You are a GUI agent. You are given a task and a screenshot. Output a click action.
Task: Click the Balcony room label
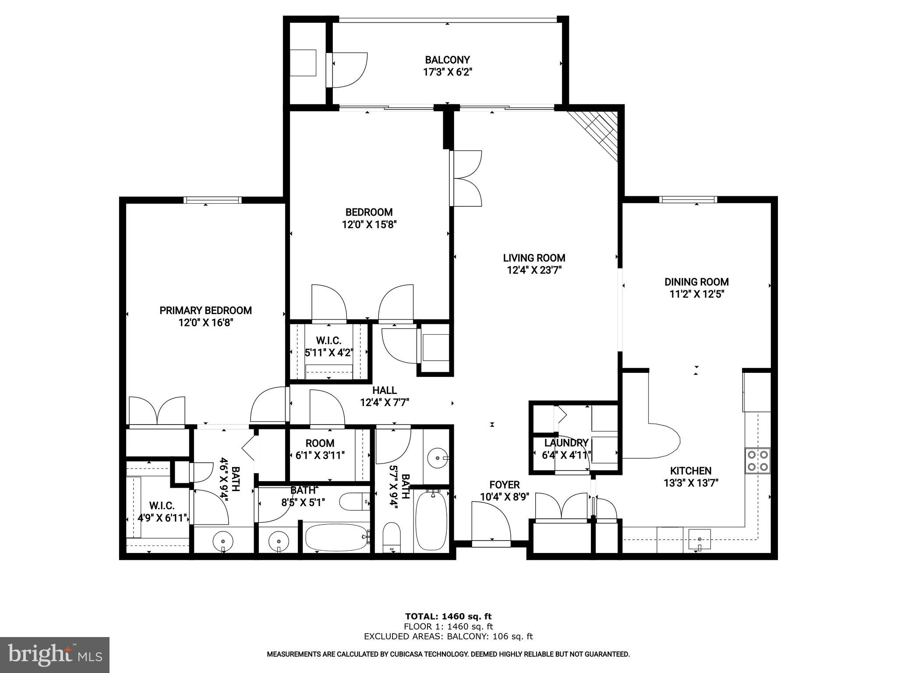pyautogui.click(x=447, y=60)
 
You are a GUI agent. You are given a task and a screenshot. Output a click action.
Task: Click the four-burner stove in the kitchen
pyautogui.click(x=758, y=460)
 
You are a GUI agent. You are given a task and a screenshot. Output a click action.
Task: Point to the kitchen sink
pyautogui.click(x=699, y=539)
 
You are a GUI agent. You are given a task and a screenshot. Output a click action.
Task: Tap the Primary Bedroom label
pyautogui.click(x=205, y=310)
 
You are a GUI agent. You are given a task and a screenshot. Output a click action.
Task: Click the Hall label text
pyautogui.click(x=385, y=390)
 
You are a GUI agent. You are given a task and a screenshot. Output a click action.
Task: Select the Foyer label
pyautogui.click(x=505, y=485)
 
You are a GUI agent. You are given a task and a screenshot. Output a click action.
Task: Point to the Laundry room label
pyautogui.click(x=566, y=443)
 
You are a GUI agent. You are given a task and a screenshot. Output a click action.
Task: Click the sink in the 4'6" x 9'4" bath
pyautogui.click(x=223, y=541)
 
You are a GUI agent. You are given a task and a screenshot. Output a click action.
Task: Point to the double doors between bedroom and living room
pyautogui.click(x=466, y=178)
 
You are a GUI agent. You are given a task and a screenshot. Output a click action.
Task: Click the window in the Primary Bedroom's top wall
pyautogui.click(x=212, y=200)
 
